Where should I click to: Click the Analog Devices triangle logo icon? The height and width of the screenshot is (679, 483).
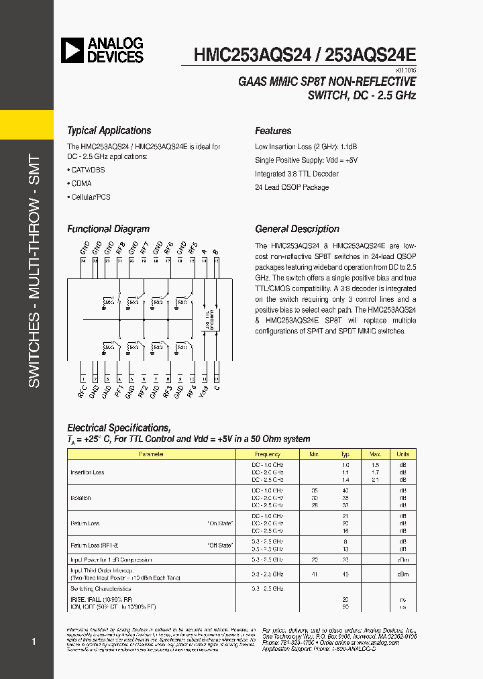[x=72, y=50]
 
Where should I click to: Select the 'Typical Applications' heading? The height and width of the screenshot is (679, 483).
[x=109, y=131]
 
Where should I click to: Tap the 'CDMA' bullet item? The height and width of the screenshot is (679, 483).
[x=80, y=183]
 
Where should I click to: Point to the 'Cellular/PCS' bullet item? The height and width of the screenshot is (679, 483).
[x=89, y=197]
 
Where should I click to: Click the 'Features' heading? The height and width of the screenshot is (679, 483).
[x=273, y=131]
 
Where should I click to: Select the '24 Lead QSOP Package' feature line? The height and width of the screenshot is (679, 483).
[x=292, y=187]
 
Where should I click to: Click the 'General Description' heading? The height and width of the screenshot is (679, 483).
[x=297, y=229]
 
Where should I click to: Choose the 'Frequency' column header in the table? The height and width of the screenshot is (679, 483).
[x=267, y=454]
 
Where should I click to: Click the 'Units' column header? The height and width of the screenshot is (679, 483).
[x=402, y=454]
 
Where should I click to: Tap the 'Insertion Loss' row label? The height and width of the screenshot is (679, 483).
[x=87, y=472]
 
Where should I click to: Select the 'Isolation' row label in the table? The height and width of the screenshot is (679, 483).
[x=80, y=498]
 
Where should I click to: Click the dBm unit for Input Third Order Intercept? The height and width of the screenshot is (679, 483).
[x=402, y=574]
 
